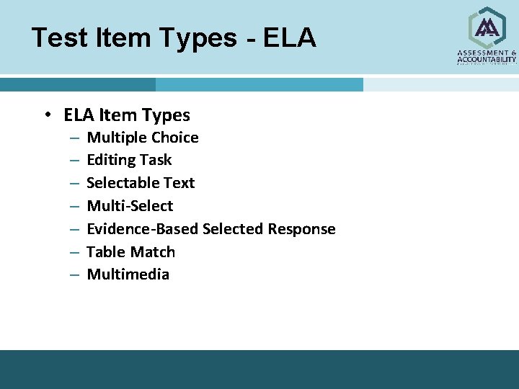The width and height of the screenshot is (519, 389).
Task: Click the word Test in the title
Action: [58, 37]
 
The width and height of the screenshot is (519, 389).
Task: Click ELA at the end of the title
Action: [289, 37]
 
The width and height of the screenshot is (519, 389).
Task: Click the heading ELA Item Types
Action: [127, 115]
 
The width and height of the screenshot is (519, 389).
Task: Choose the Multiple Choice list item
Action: [143, 137]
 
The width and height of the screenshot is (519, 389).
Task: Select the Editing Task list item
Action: [129, 160]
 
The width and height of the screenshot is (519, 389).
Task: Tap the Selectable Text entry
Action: [141, 183]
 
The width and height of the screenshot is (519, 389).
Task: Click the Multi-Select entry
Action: [130, 206]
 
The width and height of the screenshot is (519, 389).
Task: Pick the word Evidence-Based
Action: [143, 229]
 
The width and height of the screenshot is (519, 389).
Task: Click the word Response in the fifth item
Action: [301, 229]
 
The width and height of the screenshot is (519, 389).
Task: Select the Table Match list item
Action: [130, 252]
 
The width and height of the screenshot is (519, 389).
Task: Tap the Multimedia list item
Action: [128, 274]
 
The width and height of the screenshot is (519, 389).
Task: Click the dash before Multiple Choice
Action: [75, 138]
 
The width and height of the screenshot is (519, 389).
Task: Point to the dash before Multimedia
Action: [75, 275]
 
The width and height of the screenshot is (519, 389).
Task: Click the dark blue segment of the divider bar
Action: [77, 85]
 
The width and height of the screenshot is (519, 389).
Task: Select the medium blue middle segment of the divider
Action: [259, 85]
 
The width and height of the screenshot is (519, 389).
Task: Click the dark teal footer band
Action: [259, 369]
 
